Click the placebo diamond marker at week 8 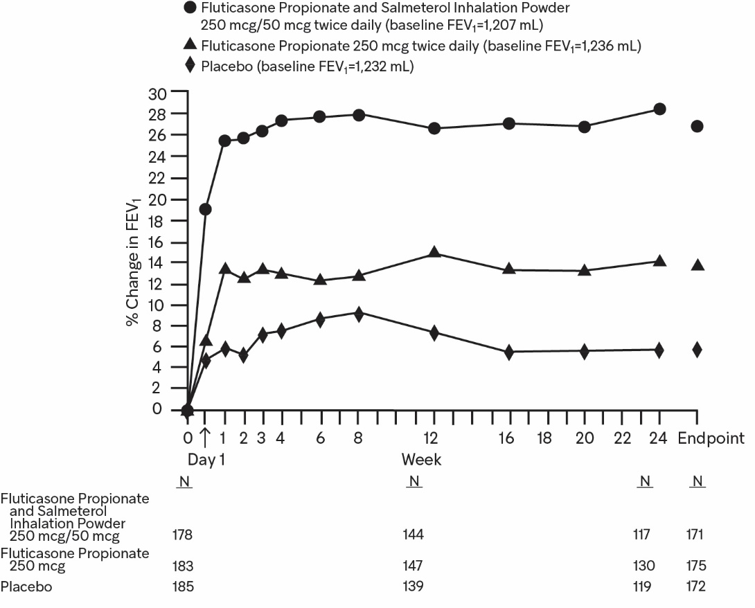(x=359, y=314)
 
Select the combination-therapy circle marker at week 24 (x=659, y=109)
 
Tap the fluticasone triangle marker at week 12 (x=434, y=252)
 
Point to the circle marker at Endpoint (x=697, y=126)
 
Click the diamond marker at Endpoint (x=697, y=350)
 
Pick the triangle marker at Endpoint (x=697, y=265)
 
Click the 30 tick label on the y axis (x=157, y=92)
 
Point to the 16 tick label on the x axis (x=509, y=438)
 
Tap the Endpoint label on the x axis (x=711, y=438)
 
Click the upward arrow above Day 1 (x=205, y=438)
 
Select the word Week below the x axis (x=421, y=460)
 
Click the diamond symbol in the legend (x=190, y=66)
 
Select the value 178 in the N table (x=183, y=535)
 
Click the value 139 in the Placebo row (x=414, y=587)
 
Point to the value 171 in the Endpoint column (x=696, y=535)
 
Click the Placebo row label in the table (x=26, y=587)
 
